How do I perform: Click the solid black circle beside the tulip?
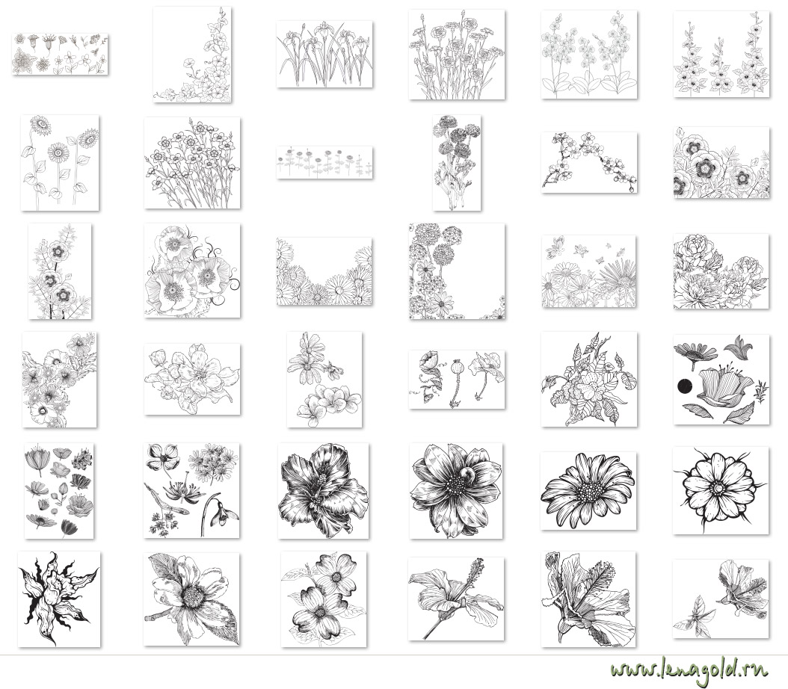point(685,386)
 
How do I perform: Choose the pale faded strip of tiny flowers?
point(324,162)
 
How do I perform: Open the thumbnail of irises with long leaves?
point(324,55)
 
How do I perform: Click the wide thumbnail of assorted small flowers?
point(60,55)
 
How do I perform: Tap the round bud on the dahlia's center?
point(468,474)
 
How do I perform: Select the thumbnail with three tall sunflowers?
point(60,163)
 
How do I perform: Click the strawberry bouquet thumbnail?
point(588,379)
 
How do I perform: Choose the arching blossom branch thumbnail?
point(589,162)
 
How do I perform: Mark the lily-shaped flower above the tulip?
point(738,347)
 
